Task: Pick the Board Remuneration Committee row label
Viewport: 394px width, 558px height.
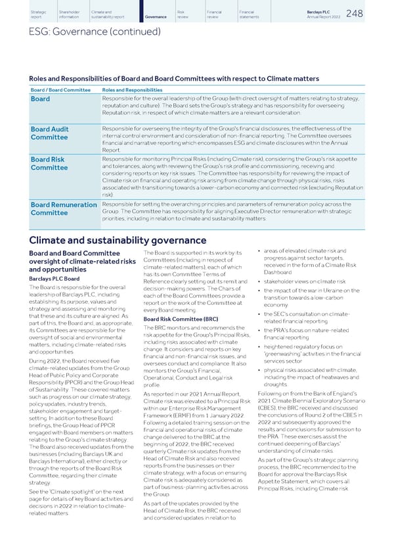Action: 64,208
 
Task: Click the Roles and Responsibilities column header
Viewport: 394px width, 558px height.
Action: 132,89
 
